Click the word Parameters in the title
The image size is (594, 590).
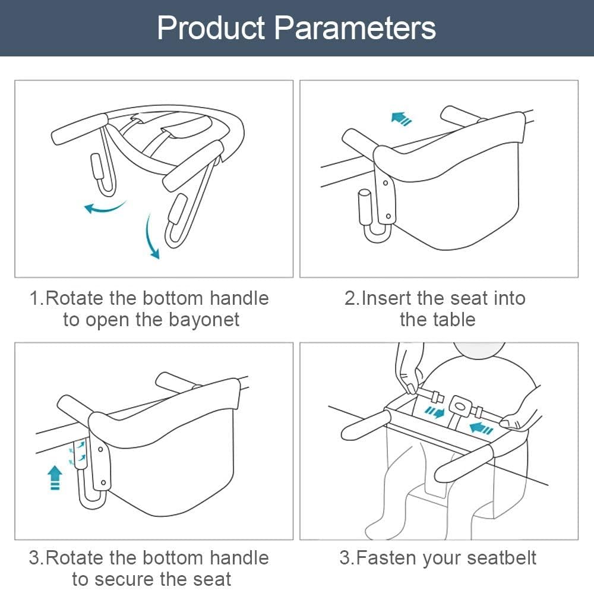click(355, 28)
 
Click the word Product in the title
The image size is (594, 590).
click(211, 28)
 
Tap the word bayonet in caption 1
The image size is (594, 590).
click(204, 320)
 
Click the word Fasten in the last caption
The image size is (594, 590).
click(387, 558)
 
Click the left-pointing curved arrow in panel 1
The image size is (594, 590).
click(105, 207)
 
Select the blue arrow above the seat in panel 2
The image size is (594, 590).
click(402, 118)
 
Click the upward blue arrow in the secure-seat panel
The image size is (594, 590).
click(55, 478)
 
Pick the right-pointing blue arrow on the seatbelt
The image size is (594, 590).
click(434, 412)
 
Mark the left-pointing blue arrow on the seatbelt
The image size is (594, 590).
click(481, 428)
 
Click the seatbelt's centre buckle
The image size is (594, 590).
click(460, 406)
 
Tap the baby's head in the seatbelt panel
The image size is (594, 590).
click(479, 349)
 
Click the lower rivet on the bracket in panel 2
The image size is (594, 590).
click(388, 216)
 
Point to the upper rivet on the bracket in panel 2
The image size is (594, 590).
click(386, 183)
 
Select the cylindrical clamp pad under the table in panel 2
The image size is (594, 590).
click(365, 207)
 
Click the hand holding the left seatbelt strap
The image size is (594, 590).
click(408, 368)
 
